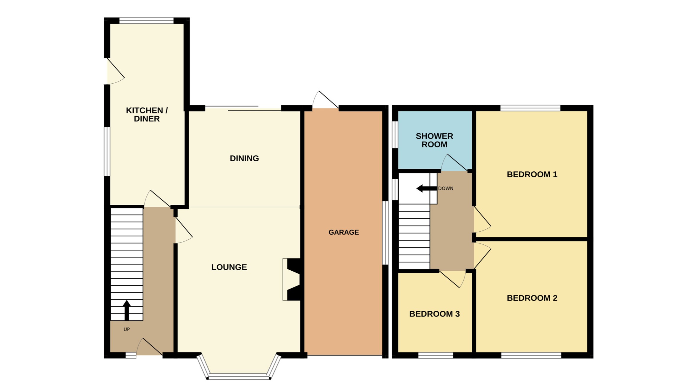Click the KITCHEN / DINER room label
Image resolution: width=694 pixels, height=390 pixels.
147,115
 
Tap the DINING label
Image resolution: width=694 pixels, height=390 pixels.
244,158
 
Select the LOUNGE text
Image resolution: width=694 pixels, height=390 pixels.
229,267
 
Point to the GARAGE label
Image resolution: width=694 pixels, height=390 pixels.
344,232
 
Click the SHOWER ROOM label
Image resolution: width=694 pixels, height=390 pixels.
434,140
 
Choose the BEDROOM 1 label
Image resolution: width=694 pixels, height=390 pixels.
532,174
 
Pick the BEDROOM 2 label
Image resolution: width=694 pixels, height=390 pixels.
532,298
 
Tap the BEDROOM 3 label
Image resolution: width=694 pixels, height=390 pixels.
434,314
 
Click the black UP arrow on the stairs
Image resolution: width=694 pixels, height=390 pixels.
127,310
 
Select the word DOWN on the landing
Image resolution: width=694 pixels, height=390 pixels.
446,188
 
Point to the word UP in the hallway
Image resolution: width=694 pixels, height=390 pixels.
127,329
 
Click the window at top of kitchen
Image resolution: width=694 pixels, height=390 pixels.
146,21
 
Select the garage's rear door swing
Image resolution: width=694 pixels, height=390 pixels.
325,100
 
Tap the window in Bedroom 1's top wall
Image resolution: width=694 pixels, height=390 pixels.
530,108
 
